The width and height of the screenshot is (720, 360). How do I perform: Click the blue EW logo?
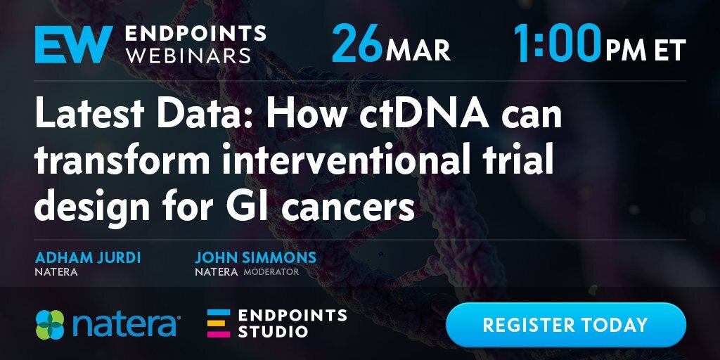pyautogui.click(x=73, y=44)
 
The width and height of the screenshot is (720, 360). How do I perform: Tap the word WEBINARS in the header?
pyautogui.click(x=188, y=55)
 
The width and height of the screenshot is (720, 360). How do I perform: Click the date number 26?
pyautogui.click(x=356, y=43)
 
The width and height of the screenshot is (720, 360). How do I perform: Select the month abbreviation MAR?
pyautogui.click(x=418, y=51)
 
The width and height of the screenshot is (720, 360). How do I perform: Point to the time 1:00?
pyautogui.click(x=557, y=43)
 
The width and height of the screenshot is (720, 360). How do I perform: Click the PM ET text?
pyautogui.click(x=645, y=51)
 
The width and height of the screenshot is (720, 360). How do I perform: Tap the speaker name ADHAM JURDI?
pyautogui.click(x=88, y=257)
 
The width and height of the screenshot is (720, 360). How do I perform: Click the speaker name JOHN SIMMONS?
pyautogui.click(x=256, y=257)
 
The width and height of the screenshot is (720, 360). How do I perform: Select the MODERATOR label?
pyautogui.click(x=271, y=272)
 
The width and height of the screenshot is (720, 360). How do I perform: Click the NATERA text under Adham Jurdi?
pyautogui.click(x=56, y=272)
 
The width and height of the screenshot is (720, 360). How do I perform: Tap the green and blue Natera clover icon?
pyautogui.click(x=50, y=325)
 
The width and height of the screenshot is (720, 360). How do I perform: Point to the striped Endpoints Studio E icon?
pyautogui.click(x=219, y=323)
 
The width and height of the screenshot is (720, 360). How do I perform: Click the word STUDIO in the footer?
pyautogui.click(x=273, y=332)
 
